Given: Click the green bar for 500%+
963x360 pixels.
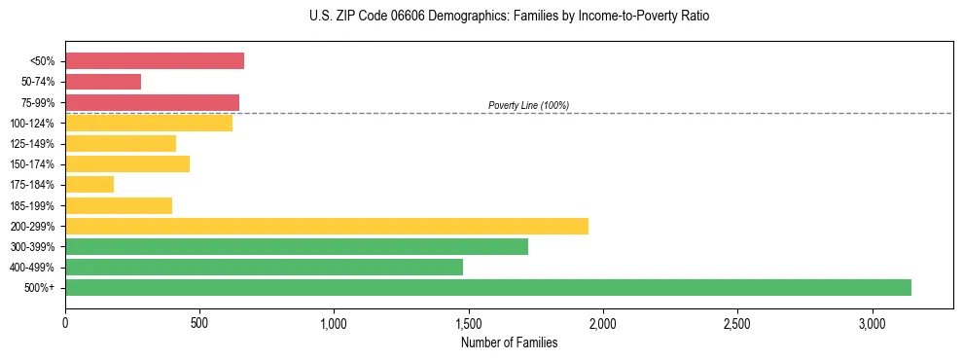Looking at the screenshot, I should coord(488,287).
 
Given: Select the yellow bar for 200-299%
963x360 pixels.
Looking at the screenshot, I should coord(327,226).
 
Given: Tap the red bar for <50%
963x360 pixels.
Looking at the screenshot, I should coord(155,60).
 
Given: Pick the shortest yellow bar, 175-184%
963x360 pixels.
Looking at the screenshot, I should coord(89,184).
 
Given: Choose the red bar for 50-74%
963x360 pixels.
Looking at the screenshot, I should coord(103,82).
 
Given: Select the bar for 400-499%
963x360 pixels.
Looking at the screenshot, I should coord(264,267).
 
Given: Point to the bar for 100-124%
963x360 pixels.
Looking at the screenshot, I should coord(149,123).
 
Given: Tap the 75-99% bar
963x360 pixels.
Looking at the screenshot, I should coord(152,102).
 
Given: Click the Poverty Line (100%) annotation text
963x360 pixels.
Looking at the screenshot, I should coord(528,105).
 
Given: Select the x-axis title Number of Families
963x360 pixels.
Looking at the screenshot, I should coord(510,342).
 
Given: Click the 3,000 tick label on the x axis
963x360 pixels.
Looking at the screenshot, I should coord(873,322).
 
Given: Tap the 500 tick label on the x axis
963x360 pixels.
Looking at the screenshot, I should coord(199,322).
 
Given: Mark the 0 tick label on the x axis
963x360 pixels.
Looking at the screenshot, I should coord(65,322).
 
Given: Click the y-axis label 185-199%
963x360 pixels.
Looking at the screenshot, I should coord(32,205).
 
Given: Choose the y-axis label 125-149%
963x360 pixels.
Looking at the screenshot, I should coord(32,144).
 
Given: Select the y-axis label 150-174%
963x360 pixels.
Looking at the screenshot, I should coord(32,164).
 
